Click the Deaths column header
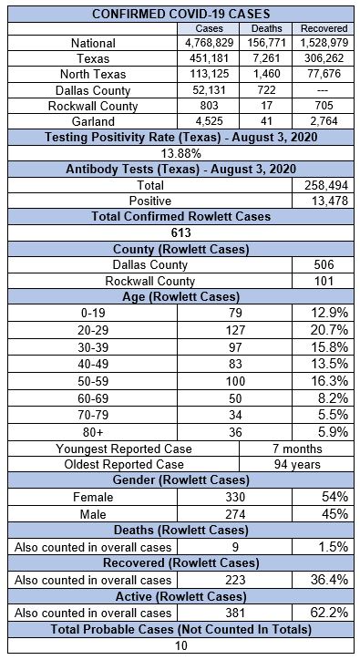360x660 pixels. click(x=266, y=28)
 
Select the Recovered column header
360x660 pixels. click(x=324, y=28)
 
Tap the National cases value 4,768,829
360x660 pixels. click(x=209, y=43)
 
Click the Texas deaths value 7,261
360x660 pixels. click(x=266, y=58)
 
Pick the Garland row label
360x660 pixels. click(x=93, y=121)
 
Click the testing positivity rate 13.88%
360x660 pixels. click(x=181, y=153)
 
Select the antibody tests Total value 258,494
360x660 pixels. click(x=326, y=185)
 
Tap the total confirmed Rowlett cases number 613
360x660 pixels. click(x=181, y=232)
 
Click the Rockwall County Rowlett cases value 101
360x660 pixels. click(x=324, y=281)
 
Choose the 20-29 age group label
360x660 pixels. click(x=93, y=330)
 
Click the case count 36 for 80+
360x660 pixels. click(x=235, y=432)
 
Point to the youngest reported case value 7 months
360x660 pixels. click(x=297, y=449)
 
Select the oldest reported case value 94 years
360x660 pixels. click(x=297, y=464)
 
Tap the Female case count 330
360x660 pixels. click(x=235, y=497)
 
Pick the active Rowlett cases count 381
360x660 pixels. click(x=235, y=613)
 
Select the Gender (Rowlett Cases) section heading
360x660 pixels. click(x=181, y=480)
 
